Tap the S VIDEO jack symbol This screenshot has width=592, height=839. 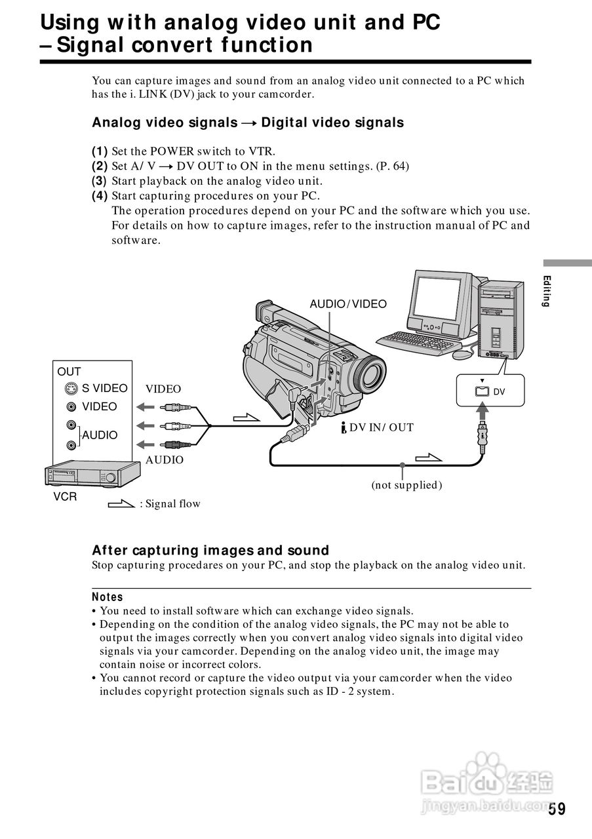coord(71,389)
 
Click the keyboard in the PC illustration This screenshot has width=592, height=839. coord(419,343)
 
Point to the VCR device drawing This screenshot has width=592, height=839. coord(92,474)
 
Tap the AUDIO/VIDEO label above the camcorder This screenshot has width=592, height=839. coord(347,303)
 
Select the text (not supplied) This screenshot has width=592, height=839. coord(406,485)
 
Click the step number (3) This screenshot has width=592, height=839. coord(99,181)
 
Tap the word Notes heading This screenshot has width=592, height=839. coord(107,596)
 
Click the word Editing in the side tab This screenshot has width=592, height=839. coord(547,291)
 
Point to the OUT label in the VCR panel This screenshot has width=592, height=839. coord(69,372)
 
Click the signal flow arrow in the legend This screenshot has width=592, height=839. coord(121,504)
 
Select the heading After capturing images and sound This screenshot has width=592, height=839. coord(210,550)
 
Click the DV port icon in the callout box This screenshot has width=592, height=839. coord(482,391)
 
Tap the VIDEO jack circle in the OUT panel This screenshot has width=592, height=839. coord(71,407)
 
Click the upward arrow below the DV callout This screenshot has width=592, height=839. coord(483,411)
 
